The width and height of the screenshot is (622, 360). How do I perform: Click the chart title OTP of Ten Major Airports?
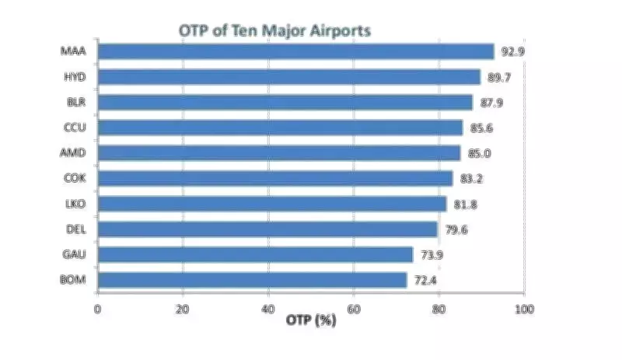pos(274,30)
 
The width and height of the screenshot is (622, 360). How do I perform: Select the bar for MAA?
pos(295,52)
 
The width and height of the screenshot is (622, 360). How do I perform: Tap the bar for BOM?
pos(252,280)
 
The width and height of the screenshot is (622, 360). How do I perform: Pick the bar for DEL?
pos(267,229)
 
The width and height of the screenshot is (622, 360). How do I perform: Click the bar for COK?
pos(274,179)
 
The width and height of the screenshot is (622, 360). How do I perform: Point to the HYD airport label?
pos(75,77)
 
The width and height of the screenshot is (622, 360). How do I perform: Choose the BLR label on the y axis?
pos(75,102)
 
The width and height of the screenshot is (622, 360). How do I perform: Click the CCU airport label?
pos(75,128)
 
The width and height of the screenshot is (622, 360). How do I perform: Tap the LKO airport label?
pos(75,204)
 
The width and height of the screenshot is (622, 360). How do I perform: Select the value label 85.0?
pos(481,153)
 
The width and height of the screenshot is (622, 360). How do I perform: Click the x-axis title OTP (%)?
pos(311,320)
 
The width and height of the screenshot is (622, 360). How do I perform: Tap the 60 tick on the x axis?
pos(354,309)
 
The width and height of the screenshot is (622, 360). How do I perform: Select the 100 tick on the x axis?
pos(524,309)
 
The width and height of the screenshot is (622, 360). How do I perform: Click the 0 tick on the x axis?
pos(97,309)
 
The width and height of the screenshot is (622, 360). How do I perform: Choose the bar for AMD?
pos(278,153)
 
